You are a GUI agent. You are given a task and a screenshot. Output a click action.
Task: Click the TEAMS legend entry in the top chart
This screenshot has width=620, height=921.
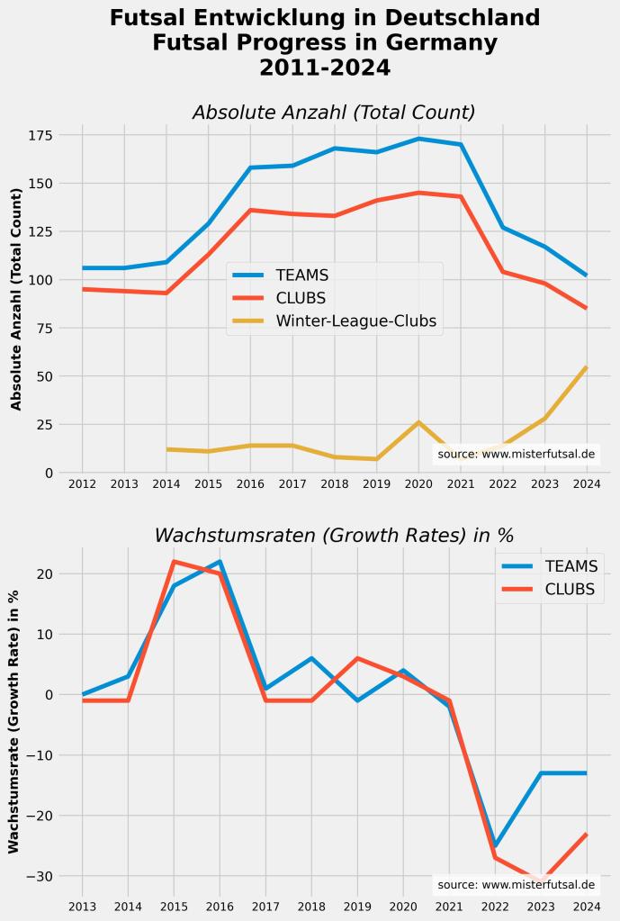tap(301, 275)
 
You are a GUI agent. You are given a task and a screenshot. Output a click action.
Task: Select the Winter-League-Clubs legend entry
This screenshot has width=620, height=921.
tap(355, 321)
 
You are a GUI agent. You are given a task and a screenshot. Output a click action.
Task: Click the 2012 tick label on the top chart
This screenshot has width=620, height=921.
tap(82, 483)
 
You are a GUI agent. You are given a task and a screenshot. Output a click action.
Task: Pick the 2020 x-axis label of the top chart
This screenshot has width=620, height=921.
tap(418, 483)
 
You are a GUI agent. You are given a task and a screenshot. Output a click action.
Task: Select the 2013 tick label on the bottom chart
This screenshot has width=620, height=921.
tap(82, 906)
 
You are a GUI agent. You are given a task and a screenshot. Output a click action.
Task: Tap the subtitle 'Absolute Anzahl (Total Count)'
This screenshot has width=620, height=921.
tap(334, 113)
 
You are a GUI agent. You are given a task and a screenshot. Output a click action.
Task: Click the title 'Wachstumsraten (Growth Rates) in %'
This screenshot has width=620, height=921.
tap(334, 535)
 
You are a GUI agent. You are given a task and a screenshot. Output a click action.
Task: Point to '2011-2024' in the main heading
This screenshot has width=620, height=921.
tap(325, 68)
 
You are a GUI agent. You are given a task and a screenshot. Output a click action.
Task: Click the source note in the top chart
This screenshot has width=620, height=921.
tap(516, 455)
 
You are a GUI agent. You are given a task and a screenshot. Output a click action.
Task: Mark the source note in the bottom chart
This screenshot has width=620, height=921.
tap(516, 885)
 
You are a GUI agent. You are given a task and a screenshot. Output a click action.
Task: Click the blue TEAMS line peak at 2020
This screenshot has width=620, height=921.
tap(418, 139)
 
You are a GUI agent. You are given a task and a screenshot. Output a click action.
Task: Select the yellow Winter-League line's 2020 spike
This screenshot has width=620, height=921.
tap(418, 422)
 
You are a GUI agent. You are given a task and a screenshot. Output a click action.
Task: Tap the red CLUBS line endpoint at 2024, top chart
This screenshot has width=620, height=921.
tap(587, 308)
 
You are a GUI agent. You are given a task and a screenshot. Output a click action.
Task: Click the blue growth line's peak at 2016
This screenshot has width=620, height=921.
tap(220, 562)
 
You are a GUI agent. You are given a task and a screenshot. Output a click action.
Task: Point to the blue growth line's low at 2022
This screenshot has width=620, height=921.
tap(495, 845)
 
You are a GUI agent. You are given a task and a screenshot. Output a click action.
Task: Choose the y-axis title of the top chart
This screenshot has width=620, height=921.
tap(16, 299)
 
